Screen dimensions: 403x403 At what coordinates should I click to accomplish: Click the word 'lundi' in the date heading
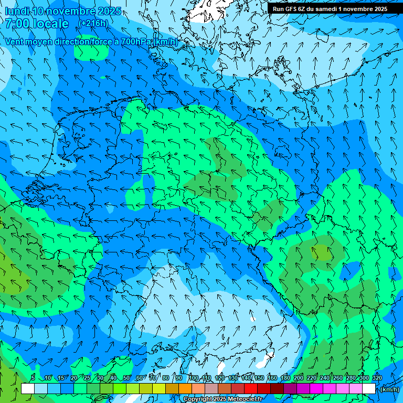tap(16, 11)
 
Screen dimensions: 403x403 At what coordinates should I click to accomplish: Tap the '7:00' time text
tap(17, 24)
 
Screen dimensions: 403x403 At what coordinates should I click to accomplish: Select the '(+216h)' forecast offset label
tap(93, 23)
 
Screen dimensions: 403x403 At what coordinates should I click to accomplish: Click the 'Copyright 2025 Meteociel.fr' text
tap(222, 399)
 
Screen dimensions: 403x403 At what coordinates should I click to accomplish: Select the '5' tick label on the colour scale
tap(33, 378)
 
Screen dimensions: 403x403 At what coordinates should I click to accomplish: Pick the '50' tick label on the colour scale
tap(126, 378)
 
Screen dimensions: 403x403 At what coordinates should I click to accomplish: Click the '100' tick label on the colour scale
tap(193, 378)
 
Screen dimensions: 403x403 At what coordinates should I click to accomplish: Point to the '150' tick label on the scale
tap(259, 378)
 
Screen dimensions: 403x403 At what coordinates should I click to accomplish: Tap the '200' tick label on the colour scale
tap(299, 378)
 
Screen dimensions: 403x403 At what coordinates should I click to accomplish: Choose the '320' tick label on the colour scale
tap(377, 378)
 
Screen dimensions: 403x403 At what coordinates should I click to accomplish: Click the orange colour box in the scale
tap(185, 389)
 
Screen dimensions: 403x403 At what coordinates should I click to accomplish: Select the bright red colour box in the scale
tap(251, 389)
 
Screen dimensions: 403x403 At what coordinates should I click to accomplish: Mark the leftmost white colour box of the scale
tap(28, 389)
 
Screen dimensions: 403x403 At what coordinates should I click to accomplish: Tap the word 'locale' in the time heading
tap(51, 24)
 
